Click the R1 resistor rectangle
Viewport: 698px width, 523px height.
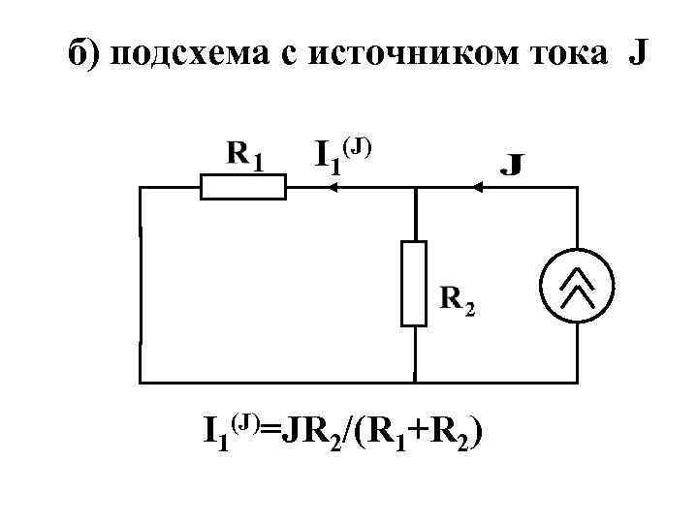point(242,187)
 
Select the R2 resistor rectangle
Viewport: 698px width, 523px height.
point(414,283)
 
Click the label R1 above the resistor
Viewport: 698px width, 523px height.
point(244,154)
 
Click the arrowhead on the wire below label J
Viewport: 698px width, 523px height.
point(475,188)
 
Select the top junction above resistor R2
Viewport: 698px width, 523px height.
point(414,188)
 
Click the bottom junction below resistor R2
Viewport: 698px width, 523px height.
point(414,382)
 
